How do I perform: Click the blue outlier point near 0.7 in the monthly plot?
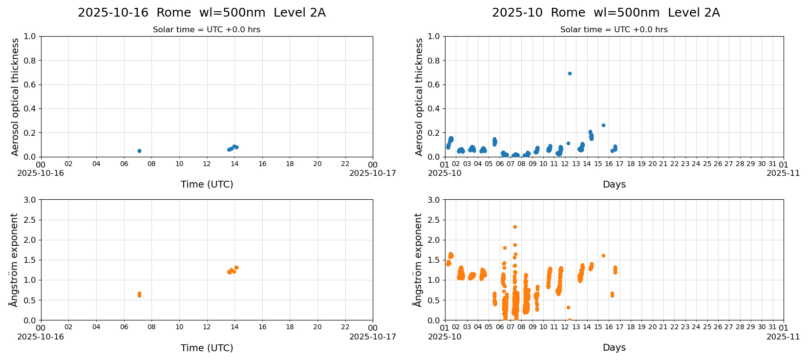[x=570, y=74]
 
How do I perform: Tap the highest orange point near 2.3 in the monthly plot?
[x=515, y=227]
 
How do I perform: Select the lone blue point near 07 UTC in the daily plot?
[x=139, y=151]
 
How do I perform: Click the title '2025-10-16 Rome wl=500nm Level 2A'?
[x=201, y=13]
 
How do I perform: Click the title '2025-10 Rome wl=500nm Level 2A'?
[x=606, y=13]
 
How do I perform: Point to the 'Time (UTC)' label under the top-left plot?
[x=207, y=185]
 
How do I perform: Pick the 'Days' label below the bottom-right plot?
[x=614, y=348]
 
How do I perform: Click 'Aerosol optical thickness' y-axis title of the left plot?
[x=15, y=97]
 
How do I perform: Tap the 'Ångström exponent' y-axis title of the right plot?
[x=418, y=260]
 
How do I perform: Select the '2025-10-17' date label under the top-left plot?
[x=372, y=173]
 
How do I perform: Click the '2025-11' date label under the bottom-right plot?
[x=783, y=337]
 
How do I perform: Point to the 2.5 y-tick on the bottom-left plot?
[x=30, y=220]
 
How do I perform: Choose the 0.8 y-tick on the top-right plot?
[x=434, y=61]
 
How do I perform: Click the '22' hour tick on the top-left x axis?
[x=345, y=164]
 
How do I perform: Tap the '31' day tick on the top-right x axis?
[x=772, y=164]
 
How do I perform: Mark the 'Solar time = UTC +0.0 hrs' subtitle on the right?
[x=614, y=30]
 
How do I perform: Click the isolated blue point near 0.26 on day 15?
[x=603, y=126]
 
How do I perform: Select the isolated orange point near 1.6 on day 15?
[x=603, y=256]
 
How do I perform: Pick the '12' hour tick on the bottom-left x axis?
[x=207, y=327]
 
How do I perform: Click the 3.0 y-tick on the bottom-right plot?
[x=434, y=200]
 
